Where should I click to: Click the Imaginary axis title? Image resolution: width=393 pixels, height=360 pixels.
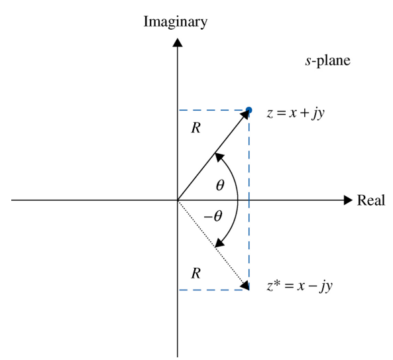pos(176,23)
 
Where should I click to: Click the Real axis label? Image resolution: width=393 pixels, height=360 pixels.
pos(371,200)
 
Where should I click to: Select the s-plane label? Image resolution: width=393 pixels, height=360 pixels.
pos(328,61)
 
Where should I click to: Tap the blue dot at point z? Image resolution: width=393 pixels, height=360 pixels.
pos(249,110)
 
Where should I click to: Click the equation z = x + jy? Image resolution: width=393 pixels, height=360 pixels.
pos(296,113)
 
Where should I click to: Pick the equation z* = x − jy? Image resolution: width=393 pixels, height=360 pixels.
pos(300,286)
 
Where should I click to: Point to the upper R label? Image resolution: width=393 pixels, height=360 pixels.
pos(196,128)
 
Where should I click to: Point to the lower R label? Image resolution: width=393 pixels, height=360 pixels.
pos(196,273)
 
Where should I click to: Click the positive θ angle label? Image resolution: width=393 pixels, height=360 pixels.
pos(220,185)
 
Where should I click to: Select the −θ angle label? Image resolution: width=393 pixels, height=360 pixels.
pos(213,216)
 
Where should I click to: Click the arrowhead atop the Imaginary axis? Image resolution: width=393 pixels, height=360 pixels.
pos(178,42)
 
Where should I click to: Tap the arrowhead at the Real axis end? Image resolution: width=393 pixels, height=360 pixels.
pos(348,200)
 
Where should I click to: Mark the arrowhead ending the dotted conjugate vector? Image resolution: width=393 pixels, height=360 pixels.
pos(245,285)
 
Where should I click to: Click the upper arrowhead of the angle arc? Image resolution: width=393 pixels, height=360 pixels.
pos(219,157)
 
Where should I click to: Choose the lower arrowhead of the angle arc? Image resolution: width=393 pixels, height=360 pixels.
pos(219,243)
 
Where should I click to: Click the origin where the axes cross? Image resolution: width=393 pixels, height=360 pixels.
pos(178,200)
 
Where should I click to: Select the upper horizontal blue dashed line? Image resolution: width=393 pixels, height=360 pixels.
pos(212,110)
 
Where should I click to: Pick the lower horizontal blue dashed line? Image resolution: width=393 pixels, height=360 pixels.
pos(212,290)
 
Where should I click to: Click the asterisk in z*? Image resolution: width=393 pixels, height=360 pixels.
pos(276,283)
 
